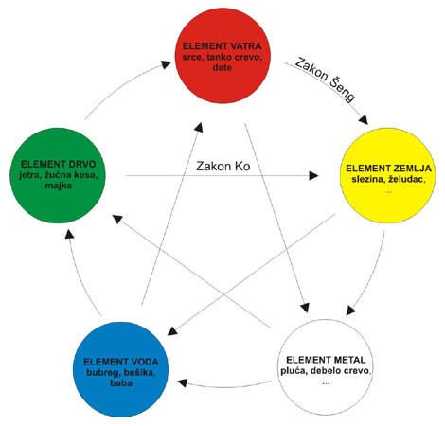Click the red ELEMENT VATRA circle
pos(222,56)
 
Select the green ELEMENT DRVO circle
pos(58,175)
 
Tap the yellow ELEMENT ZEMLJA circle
pos(387,175)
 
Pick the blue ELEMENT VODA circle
pos(121,369)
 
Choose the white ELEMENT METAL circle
pos(326,367)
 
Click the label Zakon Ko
pos(223,166)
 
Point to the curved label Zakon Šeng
pos(325,80)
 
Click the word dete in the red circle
pos(222,67)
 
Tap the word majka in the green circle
pos(59,186)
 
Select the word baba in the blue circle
pos(121,382)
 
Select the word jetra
pos(29,175)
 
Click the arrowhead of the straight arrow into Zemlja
pos(313,175)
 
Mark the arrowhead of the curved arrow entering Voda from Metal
pos(183,383)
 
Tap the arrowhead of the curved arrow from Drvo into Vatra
pos(166,63)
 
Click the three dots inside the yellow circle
pos(389,191)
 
